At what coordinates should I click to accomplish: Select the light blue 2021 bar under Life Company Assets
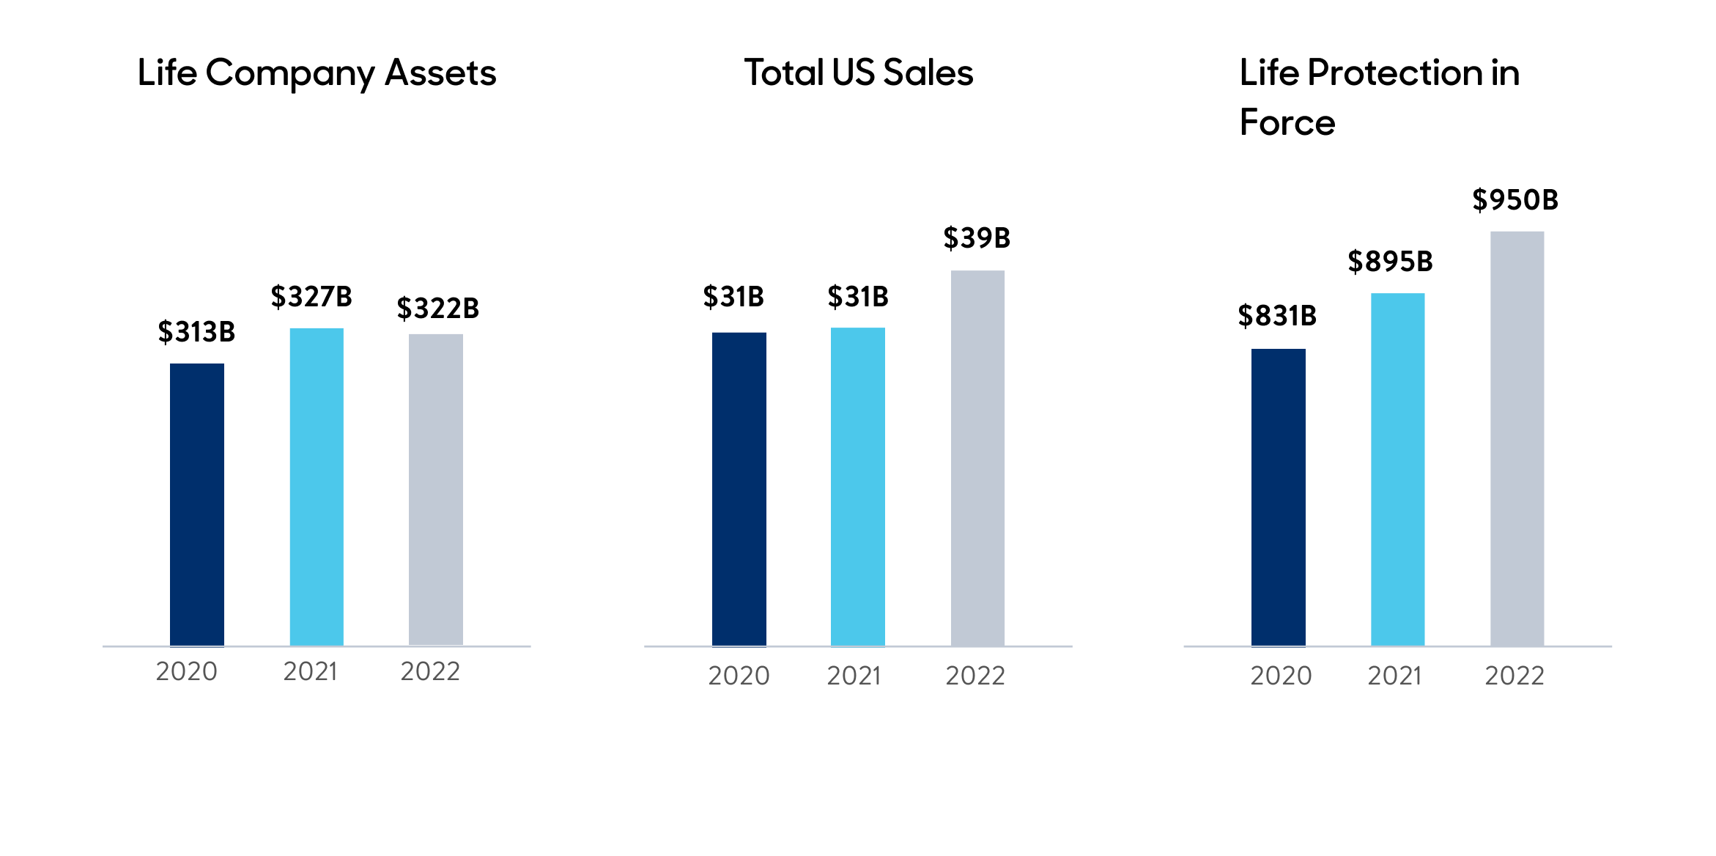[x=317, y=487]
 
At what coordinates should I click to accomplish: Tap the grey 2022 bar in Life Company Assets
[x=436, y=490]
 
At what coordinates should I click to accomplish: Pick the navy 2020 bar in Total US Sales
[x=739, y=489]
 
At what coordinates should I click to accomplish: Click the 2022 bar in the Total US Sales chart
[x=977, y=458]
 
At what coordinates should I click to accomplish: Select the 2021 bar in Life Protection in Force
[x=1398, y=469]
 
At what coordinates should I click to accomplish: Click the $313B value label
[x=196, y=332]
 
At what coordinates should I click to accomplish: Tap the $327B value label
[x=311, y=297]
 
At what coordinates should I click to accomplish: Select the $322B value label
[x=437, y=309]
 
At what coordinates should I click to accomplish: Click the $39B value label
[x=977, y=238]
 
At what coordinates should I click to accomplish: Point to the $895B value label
[x=1390, y=262]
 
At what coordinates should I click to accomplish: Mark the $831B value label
[x=1277, y=316]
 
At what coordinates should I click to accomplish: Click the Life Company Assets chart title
[x=317, y=73]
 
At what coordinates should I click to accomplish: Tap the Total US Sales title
[x=859, y=73]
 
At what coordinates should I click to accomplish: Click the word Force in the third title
[x=1287, y=122]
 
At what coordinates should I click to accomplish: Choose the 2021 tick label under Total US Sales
[x=854, y=676]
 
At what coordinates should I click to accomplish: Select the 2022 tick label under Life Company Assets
[x=430, y=671]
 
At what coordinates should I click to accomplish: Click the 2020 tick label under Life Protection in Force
[x=1281, y=676]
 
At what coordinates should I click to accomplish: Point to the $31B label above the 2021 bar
[x=858, y=297]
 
